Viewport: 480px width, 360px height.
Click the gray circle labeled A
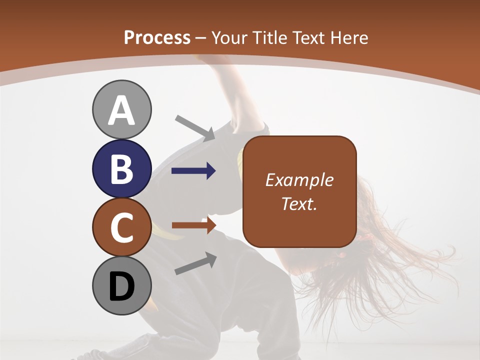[x=121, y=109]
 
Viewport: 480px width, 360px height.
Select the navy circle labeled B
[x=121, y=168]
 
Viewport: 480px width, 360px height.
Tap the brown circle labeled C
[x=121, y=227]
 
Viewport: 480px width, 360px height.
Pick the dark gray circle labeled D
[x=121, y=286]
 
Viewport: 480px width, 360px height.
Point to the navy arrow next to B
[x=193, y=171]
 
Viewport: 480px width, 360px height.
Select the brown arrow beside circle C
[x=193, y=225]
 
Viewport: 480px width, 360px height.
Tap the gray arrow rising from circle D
[x=195, y=263]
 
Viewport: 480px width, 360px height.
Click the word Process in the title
[x=157, y=38]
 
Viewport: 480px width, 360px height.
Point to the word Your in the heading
[x=230, y=38]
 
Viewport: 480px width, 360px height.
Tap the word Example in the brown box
[x=299, y=180]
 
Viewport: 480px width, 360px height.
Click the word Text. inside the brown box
[x=299, y=203]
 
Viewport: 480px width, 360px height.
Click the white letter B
[x=121, y=169]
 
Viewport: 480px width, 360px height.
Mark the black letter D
[x=121, y=287]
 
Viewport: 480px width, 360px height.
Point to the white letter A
[x=121, y=111]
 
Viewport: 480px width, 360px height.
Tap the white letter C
[x=121, y=227]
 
